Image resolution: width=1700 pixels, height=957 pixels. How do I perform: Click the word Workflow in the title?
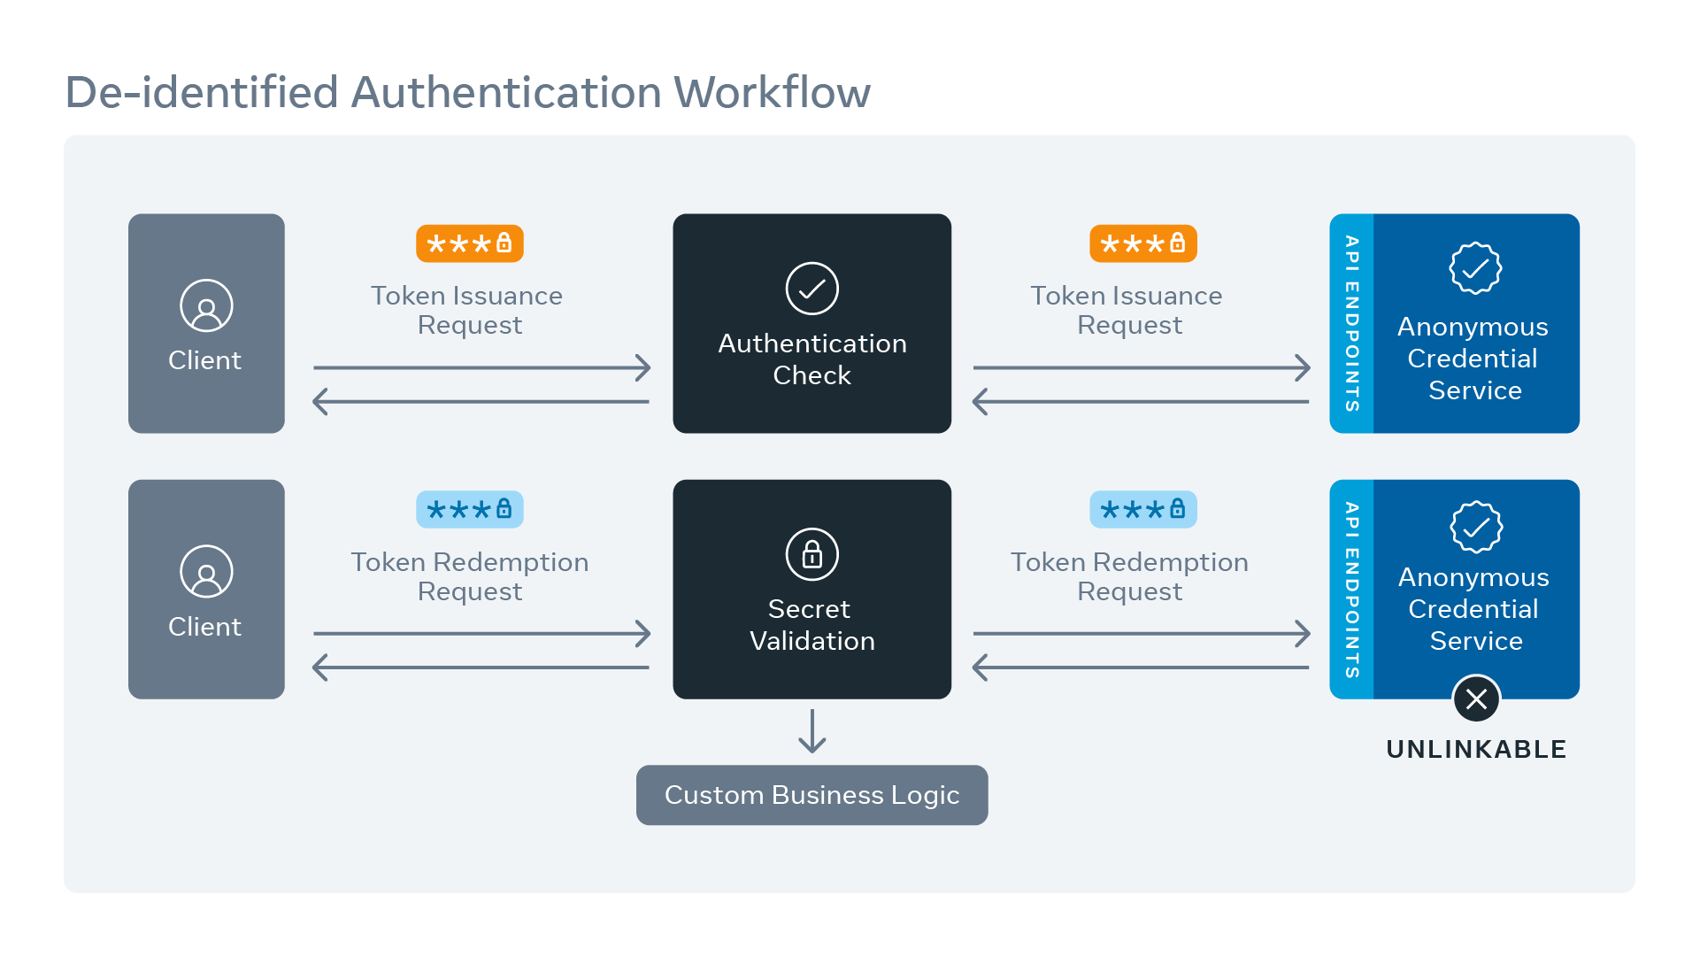pyautogui.click(x=772, y=92)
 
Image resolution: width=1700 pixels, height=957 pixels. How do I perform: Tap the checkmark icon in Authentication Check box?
pyautogui.click(x=812, y=289)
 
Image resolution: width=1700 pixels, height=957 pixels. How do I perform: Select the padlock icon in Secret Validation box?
pyautogui.click(x=812, y=554)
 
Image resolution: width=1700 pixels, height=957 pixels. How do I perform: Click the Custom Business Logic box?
pyautogui.click(x=812, y=795)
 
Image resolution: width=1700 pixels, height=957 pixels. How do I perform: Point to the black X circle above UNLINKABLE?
pyautogui.click(x=1476, y=699)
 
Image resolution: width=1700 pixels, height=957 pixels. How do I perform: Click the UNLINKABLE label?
pyautogui.click(x=1476, y=749)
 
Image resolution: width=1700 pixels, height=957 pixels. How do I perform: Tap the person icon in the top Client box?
pyautogui.click(x=206, y=305)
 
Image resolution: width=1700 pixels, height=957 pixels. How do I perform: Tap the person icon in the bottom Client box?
pyautogui.click(x=206, y=571)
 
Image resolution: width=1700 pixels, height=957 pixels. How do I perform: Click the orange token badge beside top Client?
pyautogui.click(x=470, y=243)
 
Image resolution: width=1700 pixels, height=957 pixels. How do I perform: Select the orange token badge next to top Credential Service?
pyautogui.click(x=1142, y=243)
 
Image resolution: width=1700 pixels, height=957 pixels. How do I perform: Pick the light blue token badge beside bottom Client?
pyautogui.click(x=470, y=509)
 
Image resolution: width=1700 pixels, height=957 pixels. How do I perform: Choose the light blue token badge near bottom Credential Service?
pyautogui.click(x=1142, y=509)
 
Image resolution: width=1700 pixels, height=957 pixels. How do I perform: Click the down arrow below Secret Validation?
pyautogui.click(x=812, y=731)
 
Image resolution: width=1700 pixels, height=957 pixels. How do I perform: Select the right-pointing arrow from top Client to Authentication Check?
pyautogui.click(x=481, y=367)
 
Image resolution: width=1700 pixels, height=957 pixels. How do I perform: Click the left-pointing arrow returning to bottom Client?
pyautogui.click(x=481, y=668)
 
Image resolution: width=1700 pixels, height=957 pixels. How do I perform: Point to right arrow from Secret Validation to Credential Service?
pyautogui.click(x=1142, y=633)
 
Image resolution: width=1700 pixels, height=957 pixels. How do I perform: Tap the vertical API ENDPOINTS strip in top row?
pyautogui.click(x=1351, y=323)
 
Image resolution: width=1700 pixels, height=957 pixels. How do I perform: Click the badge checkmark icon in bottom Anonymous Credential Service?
pyautogui.click(x=1476, y=527)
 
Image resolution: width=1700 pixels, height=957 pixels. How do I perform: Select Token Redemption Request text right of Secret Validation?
pyautogui.click(x=1129, y=576)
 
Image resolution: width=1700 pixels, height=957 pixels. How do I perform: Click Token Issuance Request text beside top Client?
pyautogui.click(x=467, y=310)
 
